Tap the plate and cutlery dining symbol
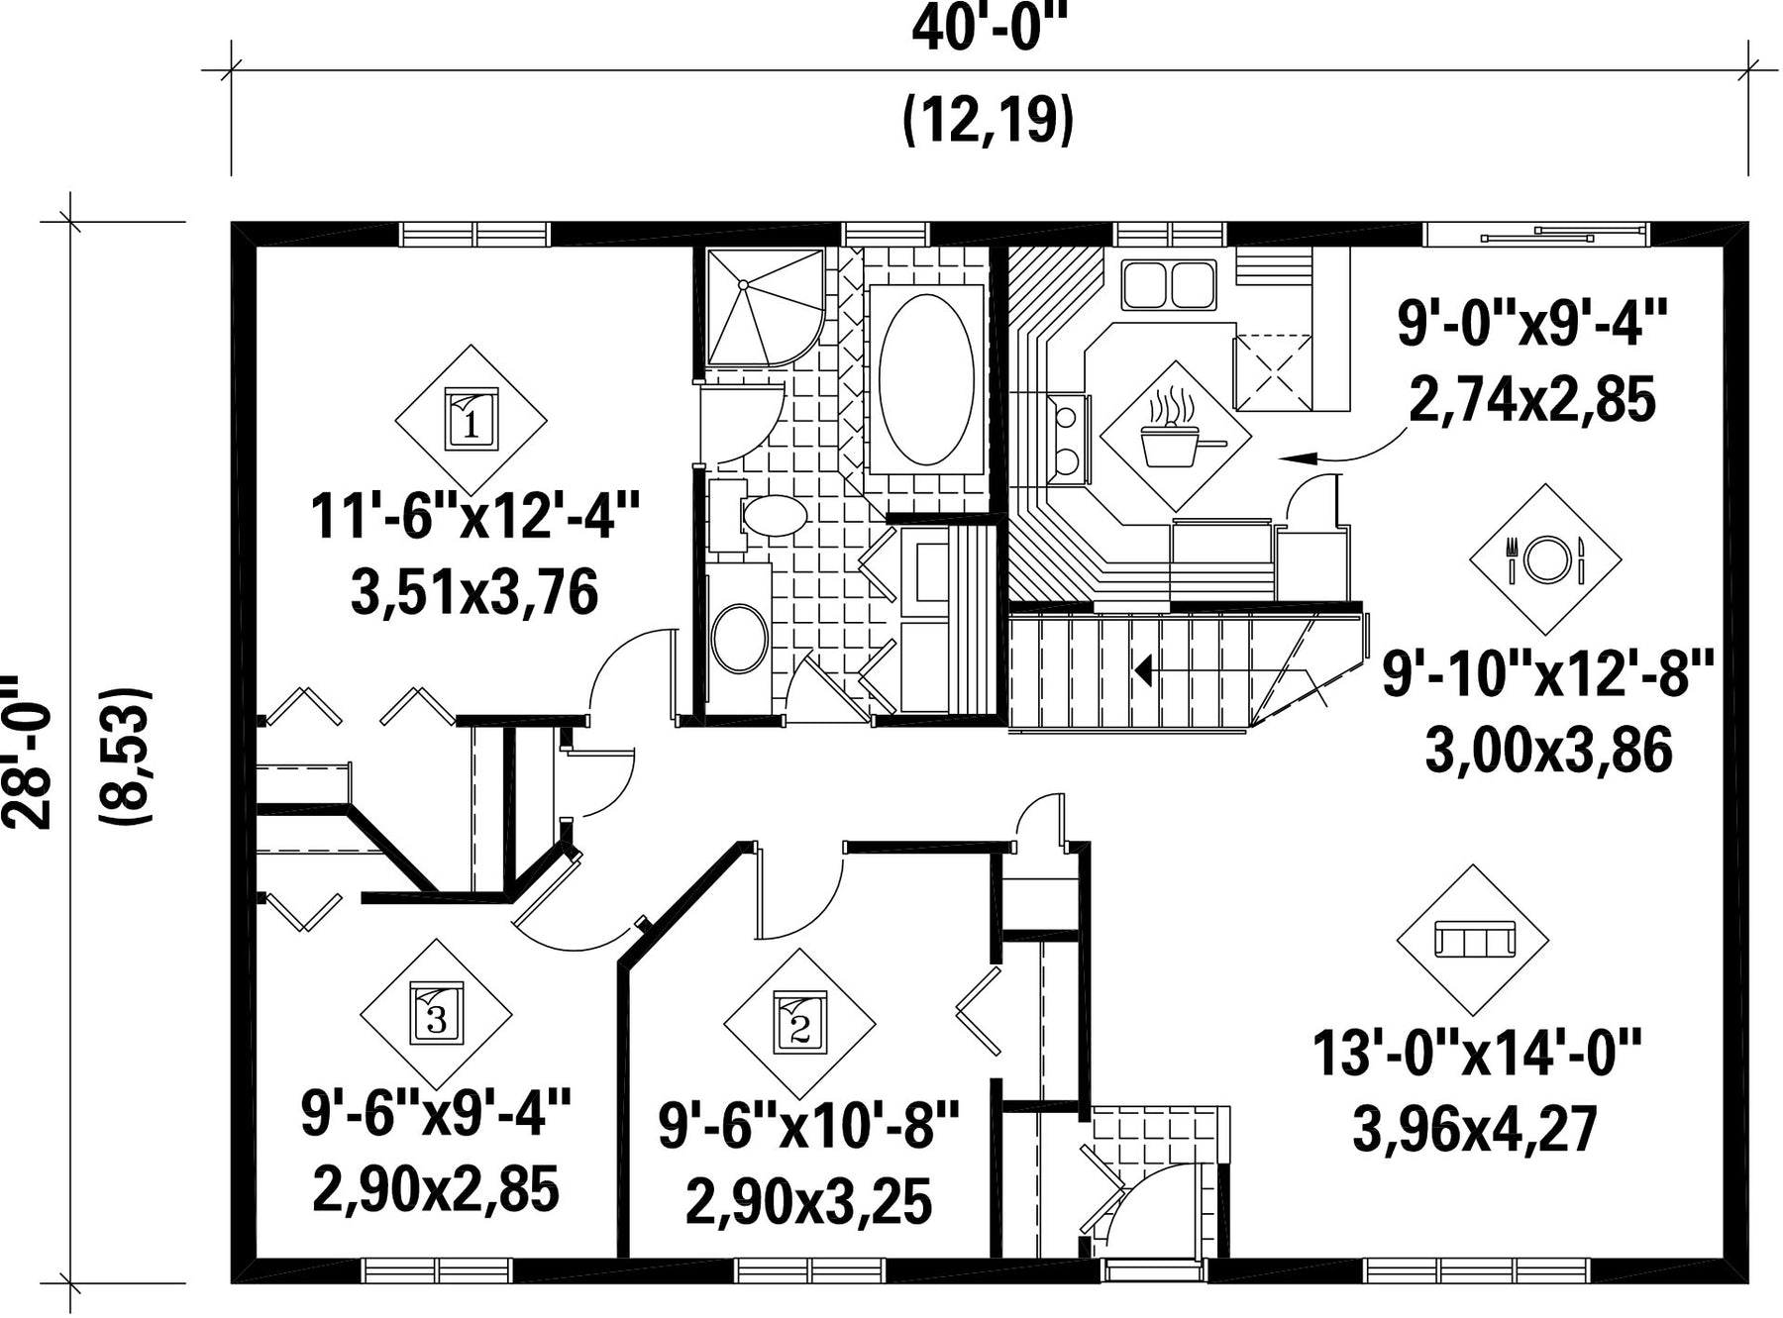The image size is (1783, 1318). pyautogui.click(x=1545, y=559)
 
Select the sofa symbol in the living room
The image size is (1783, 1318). pyautogui.click(x=1474, y=939)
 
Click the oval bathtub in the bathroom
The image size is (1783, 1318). pyautogui.click(x=926, y=379)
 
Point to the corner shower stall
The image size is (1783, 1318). pyautogui.click(x=765, y=307)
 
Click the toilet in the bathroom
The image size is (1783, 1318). pyautogui.click(x=763, y=516)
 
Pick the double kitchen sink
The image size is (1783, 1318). pyautogui.click(x=1169, y=284)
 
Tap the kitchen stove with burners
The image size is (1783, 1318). pyautogui.click(x=1068, y=439)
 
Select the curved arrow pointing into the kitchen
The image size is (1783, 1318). pyautogui.click(x=1343, y=446)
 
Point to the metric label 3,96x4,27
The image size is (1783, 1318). pyautogui.click(x=1475, y=1130)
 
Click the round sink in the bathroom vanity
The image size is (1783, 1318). pyautogui.click(x=739, y=639)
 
